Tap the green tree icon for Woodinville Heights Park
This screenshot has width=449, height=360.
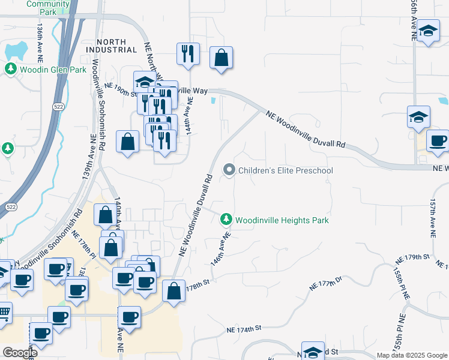tap(226, 220)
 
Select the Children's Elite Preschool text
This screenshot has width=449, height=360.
tap(286, 171)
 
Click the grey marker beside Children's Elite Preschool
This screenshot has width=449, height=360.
tap(229, 171)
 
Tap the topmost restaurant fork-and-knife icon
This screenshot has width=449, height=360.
tap(188, 53)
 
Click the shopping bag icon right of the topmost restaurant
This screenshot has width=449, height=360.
tap(221, 58)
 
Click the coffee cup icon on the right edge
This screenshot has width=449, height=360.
tap(438, 141)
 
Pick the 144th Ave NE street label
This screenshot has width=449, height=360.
tap(190, 114)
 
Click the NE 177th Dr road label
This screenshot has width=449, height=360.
tap(325, 283)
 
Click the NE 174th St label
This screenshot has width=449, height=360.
tap(244, 329)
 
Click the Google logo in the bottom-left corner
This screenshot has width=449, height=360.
tap(20, 353)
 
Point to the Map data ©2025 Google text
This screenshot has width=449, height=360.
tap(412, 355)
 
